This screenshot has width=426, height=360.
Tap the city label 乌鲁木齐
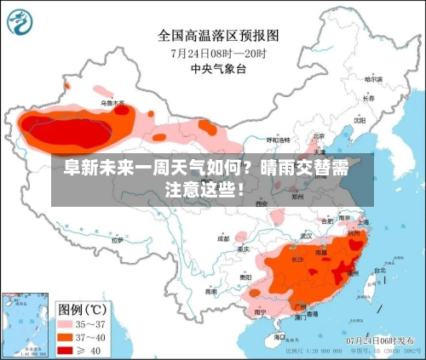tap(112, 103)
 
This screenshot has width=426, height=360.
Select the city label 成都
tap(223, 239)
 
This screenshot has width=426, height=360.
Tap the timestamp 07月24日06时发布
tap(382, 340)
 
